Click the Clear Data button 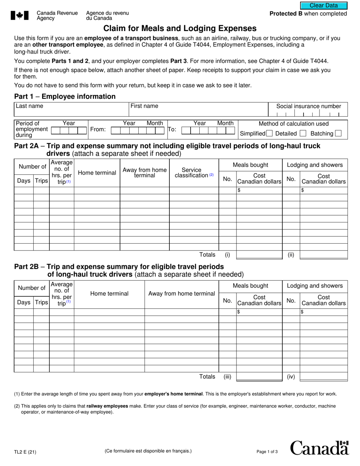click(324, 5)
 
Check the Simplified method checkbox click(269, 133)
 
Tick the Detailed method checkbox click(303, 133)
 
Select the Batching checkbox click(338, 133)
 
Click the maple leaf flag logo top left click(19, 16)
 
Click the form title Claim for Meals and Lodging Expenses click(180, 28)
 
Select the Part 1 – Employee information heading click(65, 96)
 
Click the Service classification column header click(194, 173)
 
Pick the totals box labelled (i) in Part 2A click(259, 255)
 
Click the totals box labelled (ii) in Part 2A click(323, 255)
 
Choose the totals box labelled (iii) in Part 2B click(259, 377)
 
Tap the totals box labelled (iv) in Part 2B click(323, 377)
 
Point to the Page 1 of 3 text click(267, 452)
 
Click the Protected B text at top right click(308, 14)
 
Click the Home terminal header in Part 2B click(109, 294)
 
